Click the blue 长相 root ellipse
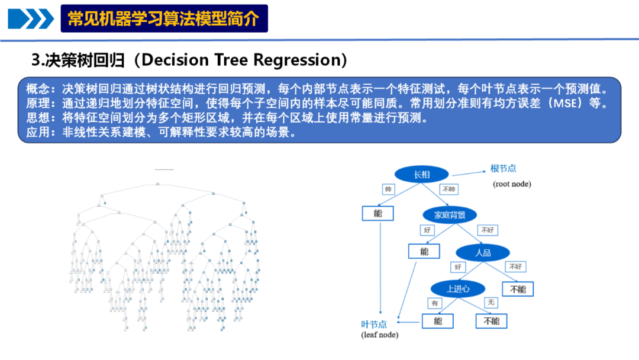point(422,174)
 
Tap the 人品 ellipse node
point(483,252)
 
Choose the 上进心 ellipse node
point(458,289)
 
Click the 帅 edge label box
point(388,190)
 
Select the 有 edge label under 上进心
point(435,303)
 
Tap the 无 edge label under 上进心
point(490,303)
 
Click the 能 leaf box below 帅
point(377,213)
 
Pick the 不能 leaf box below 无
point(491,321)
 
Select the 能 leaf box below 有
point(437,321)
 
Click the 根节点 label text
point(503,169)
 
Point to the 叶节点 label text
point(374,324)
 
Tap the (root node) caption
point(512,184)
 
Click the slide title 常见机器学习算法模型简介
point(164,19)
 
